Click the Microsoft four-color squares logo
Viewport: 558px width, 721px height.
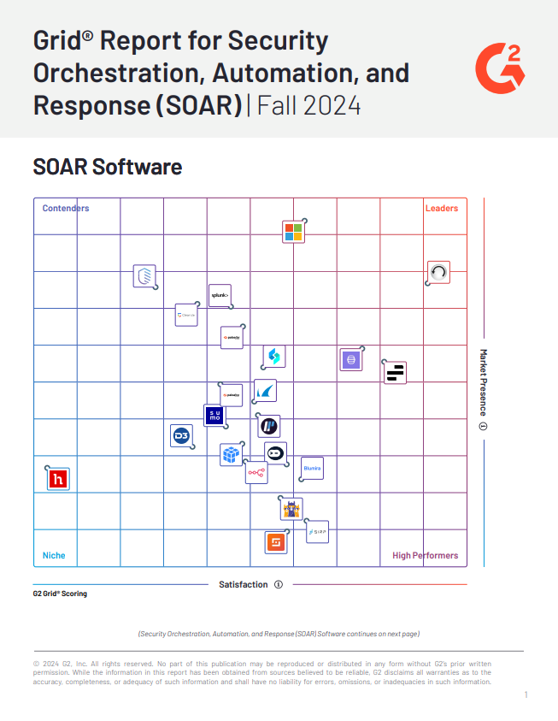pos(293,232)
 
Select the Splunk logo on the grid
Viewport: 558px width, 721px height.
pos(220,296)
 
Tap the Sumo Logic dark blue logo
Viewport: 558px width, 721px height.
pos(214,415)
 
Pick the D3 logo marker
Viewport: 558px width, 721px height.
pos(181,436)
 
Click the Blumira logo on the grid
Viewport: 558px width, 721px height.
pos(312,469)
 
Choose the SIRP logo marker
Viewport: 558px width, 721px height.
pos(317,531)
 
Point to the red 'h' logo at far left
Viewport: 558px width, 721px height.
pos(58,479)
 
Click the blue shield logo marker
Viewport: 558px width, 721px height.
pos(144,276)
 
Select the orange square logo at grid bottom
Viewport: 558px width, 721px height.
pos(275,542)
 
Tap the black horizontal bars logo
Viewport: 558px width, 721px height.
pos(395,372)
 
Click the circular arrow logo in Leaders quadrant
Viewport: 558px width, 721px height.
pos(438,272)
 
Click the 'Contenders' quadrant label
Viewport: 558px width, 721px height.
pos(66,208)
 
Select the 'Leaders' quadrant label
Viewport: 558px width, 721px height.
pos(442,208)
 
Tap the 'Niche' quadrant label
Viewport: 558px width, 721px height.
pos(54,555)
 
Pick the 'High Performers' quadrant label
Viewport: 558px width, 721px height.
pos(425,555)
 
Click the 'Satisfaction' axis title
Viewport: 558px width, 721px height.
pos(243,584)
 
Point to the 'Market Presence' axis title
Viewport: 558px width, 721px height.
pos(483,382)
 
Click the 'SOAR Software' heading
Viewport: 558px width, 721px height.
pos(108,166)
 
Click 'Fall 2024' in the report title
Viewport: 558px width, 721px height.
pos(308,106)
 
